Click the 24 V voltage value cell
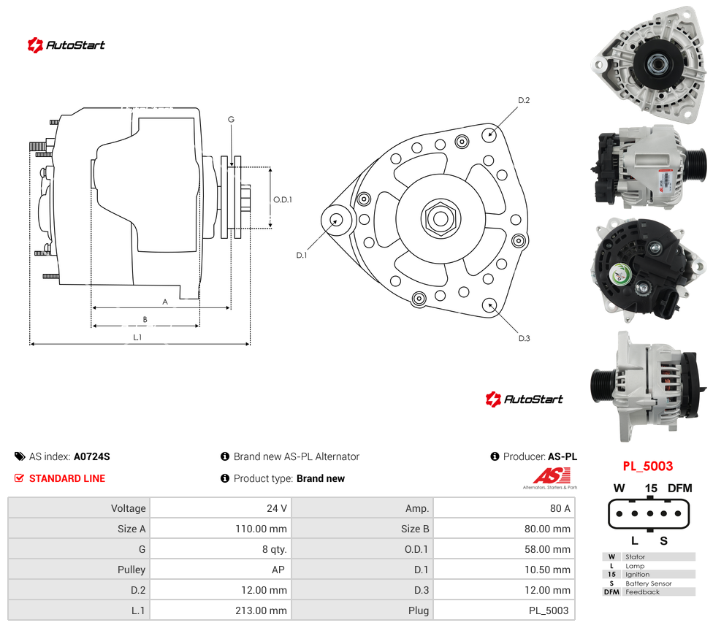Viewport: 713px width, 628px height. point(276,508)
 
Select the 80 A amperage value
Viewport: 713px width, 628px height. point(560,508)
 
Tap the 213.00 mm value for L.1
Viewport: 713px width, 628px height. point(261,610)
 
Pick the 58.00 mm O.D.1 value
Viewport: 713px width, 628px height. point(547,549)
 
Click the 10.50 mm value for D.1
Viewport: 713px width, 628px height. point(547,570)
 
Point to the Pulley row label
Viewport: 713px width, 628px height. point(131,570)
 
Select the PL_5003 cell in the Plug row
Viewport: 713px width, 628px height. point(549,610)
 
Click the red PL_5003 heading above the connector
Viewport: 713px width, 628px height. point(647,466)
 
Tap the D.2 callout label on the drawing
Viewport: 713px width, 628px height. point(524,100)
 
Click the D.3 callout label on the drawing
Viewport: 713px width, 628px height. point(525,338)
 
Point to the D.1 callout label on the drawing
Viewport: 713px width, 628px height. point(302,256)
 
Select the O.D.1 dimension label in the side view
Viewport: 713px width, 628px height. point(283,199)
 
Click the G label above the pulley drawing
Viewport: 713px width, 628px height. point(231,119)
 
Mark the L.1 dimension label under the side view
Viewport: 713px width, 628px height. point(137,337)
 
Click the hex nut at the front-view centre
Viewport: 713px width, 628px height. point(441,218)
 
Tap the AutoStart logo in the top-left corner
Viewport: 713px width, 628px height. point(66,45)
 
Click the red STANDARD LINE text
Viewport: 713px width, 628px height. point(67,478)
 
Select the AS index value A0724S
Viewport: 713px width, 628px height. point(92,456)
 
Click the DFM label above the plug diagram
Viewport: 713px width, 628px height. point(680,488)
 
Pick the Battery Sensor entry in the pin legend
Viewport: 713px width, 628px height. point(649,583)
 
